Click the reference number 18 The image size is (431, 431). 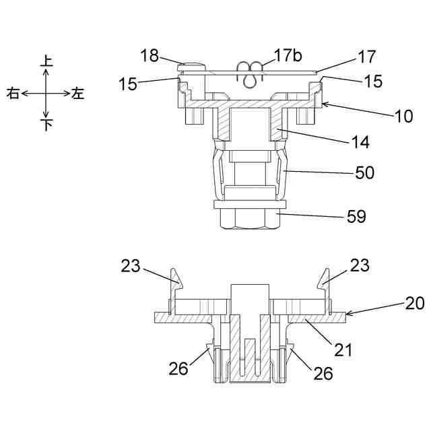tap(150, 55)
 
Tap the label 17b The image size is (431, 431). tap(288, 55)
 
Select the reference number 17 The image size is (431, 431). tap(367, 57)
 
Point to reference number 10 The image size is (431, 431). tap(404, 116)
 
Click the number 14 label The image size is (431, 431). tap(360, 142)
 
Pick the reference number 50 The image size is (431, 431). tap(365, 173)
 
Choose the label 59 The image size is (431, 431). tap(356, 217)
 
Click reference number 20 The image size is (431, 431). tap(414, 304)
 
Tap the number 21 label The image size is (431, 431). tap(343, 350)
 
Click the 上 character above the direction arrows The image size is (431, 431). tap(46, 61)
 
